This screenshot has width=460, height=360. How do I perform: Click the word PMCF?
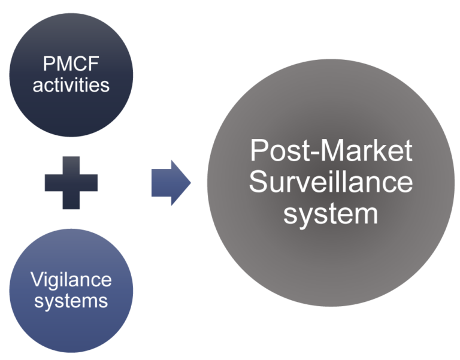coord(71,63)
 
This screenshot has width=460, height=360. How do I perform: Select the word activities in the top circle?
coord(71,84)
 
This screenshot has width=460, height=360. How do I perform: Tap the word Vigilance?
coord(71,280)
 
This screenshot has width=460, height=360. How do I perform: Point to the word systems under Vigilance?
coord(71,300)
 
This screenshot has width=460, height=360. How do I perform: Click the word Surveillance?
coord(331,181)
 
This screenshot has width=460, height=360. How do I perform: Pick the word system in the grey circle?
coord(331,213)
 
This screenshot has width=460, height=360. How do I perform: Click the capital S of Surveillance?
coord(259,181)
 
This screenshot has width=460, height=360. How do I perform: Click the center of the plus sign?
coord(71,182)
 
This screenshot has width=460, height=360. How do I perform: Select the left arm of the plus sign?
coord(52,182)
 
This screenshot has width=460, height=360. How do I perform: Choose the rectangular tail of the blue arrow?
coord(160,183)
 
